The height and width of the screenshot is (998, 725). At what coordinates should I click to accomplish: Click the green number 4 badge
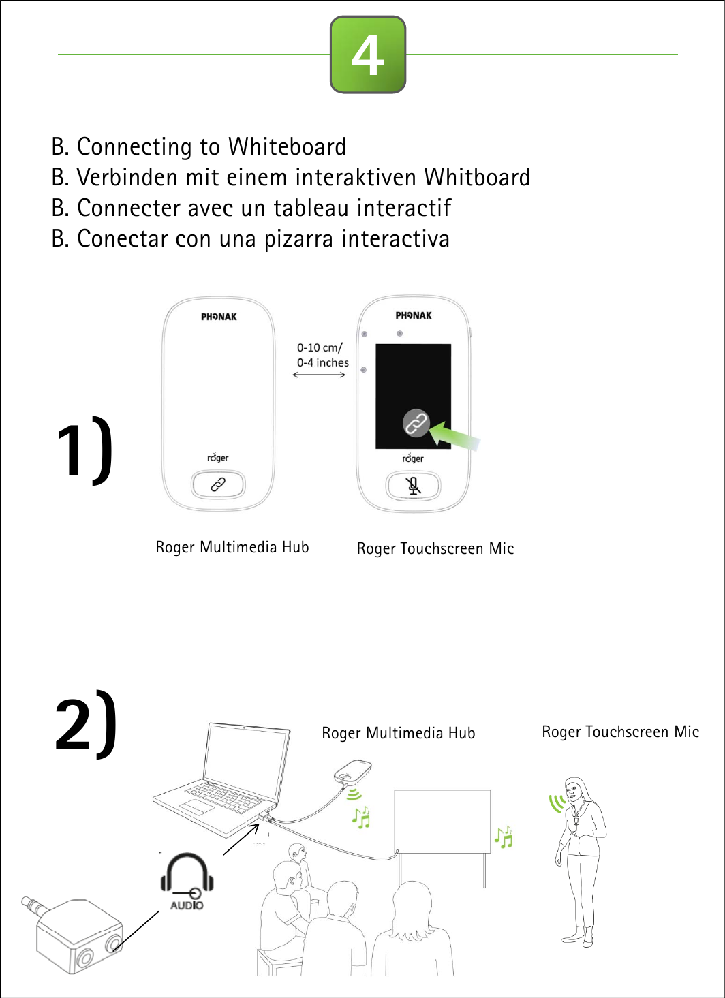[368, 54]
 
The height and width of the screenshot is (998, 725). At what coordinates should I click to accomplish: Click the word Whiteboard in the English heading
[287, 146]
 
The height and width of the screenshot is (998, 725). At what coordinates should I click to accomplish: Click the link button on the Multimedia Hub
[218, 484]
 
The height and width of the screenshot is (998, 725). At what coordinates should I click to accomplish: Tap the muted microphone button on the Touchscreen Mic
[413, 486]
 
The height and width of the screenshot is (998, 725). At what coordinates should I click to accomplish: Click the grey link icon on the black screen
[416, 423]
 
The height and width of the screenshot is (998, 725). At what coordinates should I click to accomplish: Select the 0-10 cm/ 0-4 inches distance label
[322, 355]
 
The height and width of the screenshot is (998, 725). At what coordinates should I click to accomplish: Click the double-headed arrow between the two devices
[319, 375]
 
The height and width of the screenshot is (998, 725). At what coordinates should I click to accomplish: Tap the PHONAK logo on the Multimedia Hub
[219, 317]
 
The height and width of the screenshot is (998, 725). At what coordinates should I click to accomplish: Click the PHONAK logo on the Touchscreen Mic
[414, 315]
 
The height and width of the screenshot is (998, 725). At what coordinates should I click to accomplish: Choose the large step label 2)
[86, 724]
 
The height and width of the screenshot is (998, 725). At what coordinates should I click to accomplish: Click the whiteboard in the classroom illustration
[442, 821]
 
